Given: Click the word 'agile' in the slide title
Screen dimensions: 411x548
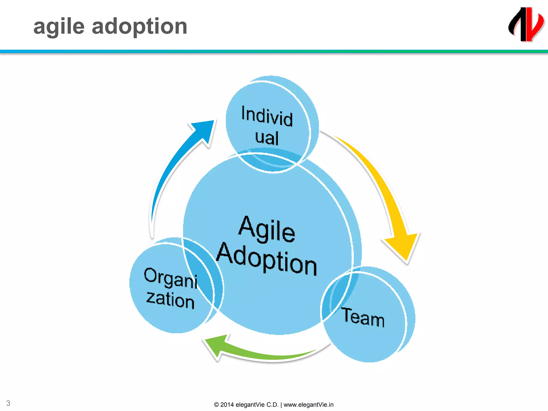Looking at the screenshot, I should tap(59, 27).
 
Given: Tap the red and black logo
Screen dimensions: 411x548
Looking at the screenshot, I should tap(526, 25).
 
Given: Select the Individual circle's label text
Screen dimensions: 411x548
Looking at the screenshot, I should tap(267, 125).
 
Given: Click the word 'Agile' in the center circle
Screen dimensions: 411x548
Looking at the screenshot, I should tap(267, 229).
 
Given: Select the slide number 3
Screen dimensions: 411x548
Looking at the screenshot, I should tap(8, 403).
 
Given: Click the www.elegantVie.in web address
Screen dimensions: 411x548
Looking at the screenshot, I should tap(309, 405).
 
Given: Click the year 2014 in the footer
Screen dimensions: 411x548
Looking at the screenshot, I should tap(227, 405).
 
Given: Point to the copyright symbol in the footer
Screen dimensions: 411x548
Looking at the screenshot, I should tap(216, 405).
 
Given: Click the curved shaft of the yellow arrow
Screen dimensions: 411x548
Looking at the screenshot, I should tap(375, 174).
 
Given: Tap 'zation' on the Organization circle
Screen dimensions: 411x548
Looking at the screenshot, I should tap(170, 300).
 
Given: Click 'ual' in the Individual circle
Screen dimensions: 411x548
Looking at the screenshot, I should tap(267, 138).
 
